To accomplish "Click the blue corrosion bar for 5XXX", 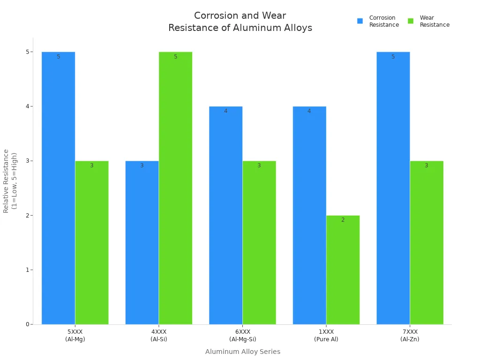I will (x=58, y=187).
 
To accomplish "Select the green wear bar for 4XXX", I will (x=175, y=187).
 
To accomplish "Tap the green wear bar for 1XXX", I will (x=343, y=270).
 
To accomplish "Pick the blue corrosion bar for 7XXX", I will (x=393, y=187).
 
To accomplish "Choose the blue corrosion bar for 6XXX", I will (x=225, y=216).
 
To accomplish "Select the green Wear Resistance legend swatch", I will (x=411, y=21).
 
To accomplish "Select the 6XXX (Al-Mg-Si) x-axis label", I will (x=242, y=335).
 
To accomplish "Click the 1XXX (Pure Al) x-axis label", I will (x=326, y=335).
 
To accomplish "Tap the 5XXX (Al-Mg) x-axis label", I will (x=75, y=335).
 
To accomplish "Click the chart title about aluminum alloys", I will (x=240, y=22).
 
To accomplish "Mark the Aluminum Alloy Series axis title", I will (x=242, y=352).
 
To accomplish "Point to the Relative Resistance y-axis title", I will (x=10, y=180).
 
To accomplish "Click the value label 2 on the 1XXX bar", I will (x=343, y=220).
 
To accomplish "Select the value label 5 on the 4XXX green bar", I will (x=175, y=57).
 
